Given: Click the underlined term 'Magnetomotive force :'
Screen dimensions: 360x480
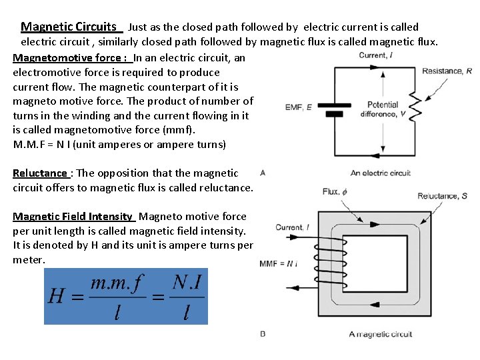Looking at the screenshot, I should click(70, 57).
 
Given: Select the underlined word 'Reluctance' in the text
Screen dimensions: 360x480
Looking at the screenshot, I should click(40, 173).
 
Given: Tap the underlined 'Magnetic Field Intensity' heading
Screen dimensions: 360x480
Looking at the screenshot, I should click(73, 216).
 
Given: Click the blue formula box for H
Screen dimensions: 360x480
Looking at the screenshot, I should click(126, 297).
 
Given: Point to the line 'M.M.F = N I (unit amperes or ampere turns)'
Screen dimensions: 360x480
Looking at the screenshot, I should click(119, 144).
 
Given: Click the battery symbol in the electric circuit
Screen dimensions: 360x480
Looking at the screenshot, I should click(339, 107).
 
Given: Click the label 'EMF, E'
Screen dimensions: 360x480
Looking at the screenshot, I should click(299, 107).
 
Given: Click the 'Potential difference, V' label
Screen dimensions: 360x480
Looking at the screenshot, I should click(383, 109).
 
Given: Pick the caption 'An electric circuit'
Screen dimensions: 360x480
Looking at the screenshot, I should click(381, 173).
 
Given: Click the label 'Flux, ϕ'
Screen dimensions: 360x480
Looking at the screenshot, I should click(331, 191).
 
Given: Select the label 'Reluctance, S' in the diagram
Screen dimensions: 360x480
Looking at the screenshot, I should click(443, 196).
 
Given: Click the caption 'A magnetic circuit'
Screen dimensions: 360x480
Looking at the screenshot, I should click(381, 334).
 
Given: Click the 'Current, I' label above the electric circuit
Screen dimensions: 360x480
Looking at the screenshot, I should click(375, 55).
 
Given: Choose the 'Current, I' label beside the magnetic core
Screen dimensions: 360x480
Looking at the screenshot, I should click(292, 228).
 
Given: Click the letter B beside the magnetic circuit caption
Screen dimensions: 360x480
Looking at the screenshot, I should click(263, 333).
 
